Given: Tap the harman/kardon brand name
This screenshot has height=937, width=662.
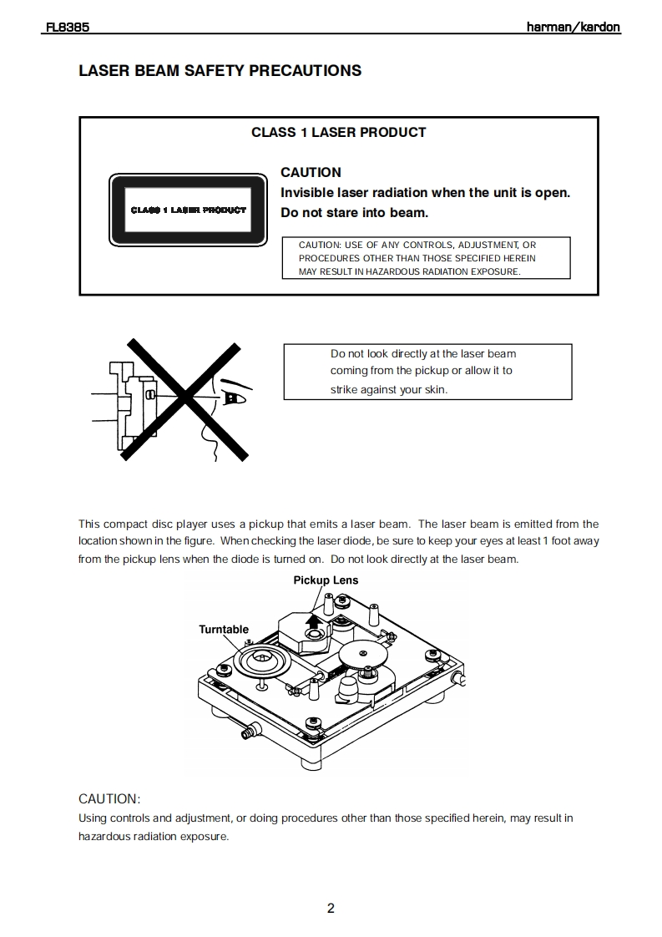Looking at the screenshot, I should (573, 27).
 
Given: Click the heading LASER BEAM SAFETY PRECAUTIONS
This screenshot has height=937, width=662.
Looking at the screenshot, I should (220, 71).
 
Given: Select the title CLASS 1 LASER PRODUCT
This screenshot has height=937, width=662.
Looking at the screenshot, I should (338, 132).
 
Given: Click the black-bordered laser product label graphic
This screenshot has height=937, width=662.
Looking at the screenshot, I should (188, 210).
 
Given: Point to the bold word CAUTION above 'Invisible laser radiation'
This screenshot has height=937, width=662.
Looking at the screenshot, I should (311, 172).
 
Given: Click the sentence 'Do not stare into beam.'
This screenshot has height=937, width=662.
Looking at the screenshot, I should (354, 212).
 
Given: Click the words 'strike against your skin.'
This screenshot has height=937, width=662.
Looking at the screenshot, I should (389, 389).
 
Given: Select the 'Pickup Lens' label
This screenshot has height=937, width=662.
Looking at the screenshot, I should (326, 580).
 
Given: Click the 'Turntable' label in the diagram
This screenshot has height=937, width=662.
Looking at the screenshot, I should (224, 629).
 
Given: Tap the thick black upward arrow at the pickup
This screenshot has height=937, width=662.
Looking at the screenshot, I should (313, 620).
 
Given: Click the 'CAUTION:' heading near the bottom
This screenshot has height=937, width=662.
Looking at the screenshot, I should (109, 798).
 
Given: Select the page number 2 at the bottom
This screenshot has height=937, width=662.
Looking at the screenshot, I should (331, 909).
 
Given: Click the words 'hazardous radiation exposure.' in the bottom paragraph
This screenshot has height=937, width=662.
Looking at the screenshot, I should (153, 836).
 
